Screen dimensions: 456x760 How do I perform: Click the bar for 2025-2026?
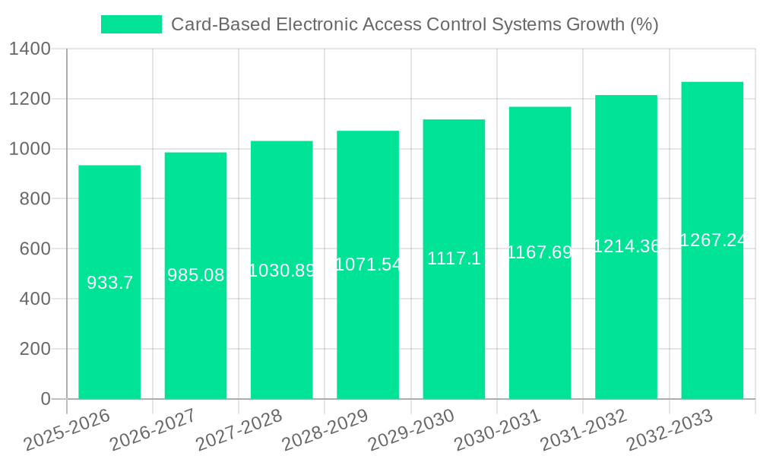point(109,282)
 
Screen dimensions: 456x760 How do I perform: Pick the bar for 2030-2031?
point(540,252)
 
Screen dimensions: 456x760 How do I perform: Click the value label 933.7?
point(109,283)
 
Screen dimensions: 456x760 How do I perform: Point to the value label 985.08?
point(195,275)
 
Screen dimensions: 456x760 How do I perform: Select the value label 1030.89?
point(282,270)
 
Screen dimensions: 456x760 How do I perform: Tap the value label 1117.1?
point(454,258)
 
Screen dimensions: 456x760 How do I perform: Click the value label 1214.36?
point(626,245)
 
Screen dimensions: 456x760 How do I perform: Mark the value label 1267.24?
point(712,240)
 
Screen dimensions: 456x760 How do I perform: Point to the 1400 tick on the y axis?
point(30,49)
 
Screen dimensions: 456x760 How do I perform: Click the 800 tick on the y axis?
point(35,199)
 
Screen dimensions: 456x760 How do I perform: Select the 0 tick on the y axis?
point(45,399)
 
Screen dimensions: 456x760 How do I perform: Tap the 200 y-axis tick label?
point(35,349)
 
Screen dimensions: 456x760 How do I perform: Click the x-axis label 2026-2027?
point(153,430)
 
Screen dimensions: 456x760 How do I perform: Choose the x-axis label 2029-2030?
point(411,430)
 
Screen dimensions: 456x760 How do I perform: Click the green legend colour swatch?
point(131,24)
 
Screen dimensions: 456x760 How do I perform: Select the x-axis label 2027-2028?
point(239,430)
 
